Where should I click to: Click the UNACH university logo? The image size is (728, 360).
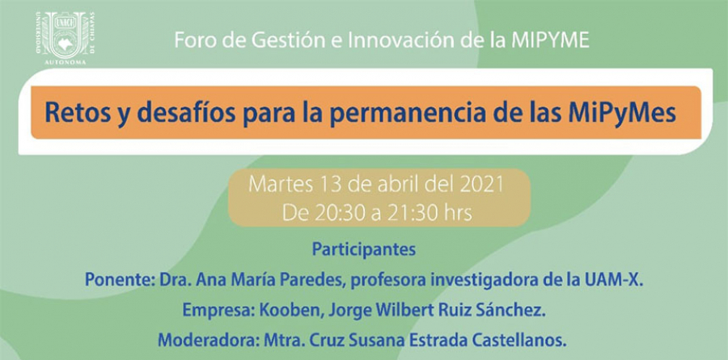(66, 38)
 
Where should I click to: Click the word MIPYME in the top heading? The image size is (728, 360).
(550, 40)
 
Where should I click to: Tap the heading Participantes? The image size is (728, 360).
(363, 250)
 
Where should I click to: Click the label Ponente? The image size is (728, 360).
(120, 280)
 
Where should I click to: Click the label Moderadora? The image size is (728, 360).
(209, 341)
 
